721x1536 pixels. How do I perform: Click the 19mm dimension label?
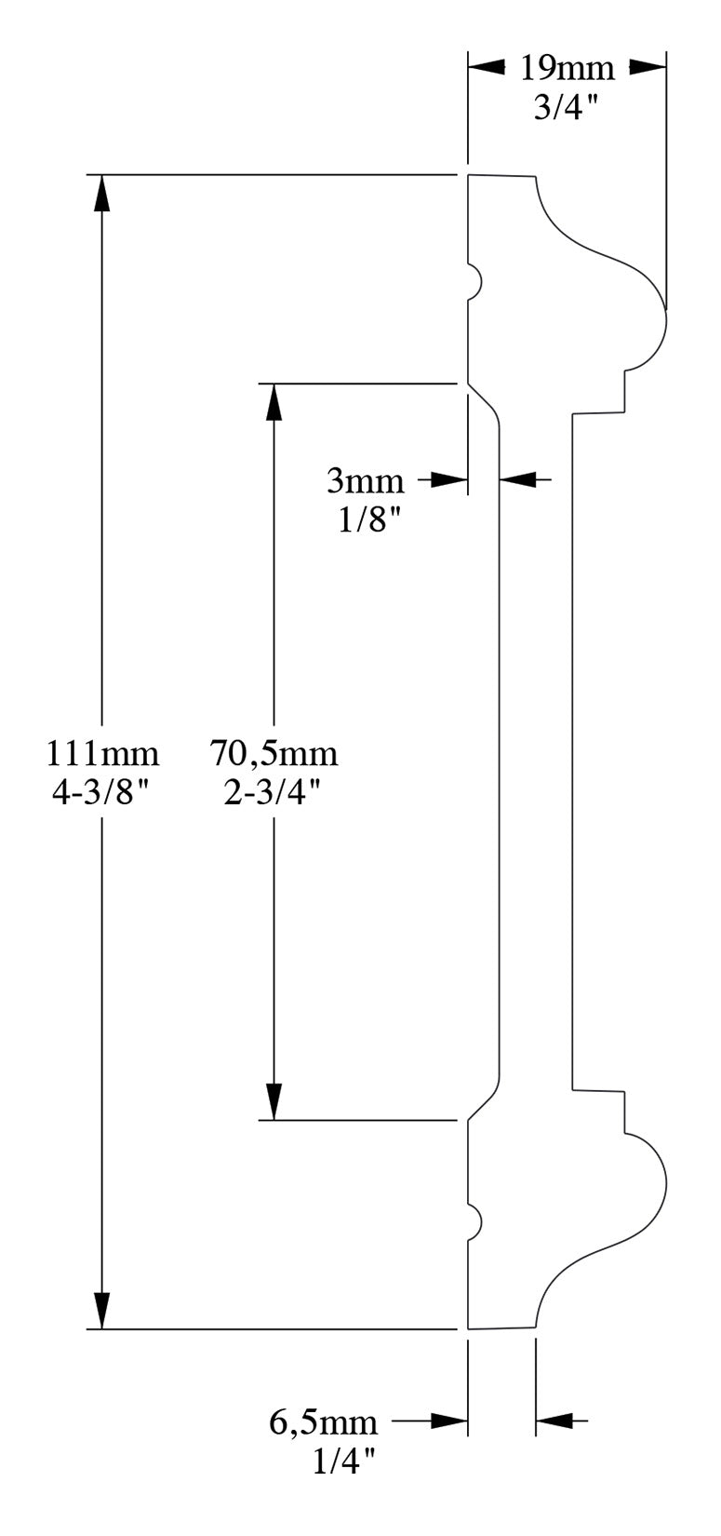pos(567,68)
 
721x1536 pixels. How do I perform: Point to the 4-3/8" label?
pos(101,791)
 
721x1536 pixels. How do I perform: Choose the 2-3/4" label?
pos(273,791)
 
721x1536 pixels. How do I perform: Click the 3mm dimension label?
pos(366,481)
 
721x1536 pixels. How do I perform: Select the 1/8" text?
pos(368,519)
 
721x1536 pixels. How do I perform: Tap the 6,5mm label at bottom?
pos(324,1421)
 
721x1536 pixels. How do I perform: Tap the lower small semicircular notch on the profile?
pos(474,1220)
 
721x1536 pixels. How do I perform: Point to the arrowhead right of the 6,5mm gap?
pos(554,1421)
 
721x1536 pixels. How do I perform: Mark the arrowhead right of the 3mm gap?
pos(518,480)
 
